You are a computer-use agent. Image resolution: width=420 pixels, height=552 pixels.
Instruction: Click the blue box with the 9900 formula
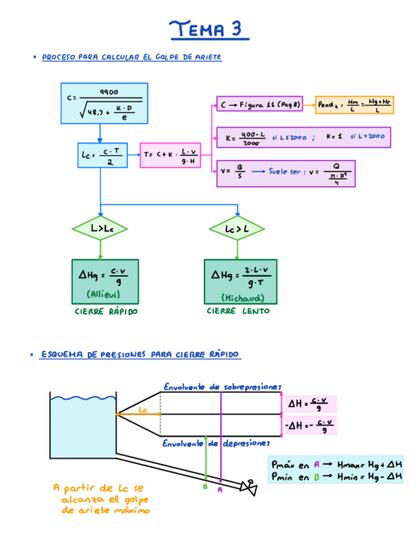104,103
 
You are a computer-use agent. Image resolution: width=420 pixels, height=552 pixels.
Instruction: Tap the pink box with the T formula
171,156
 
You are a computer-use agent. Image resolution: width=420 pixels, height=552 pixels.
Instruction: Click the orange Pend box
355,104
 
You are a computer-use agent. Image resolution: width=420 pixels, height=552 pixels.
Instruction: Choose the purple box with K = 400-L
304,138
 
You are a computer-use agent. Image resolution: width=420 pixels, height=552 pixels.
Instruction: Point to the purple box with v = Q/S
286,173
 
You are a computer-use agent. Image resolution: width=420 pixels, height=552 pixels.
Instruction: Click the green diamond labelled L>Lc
100,228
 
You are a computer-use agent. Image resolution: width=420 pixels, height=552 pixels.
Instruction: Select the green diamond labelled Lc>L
236,228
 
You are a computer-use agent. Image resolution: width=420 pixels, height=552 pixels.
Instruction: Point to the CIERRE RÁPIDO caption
105,312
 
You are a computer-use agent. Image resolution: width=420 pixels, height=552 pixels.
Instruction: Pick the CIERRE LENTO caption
238,311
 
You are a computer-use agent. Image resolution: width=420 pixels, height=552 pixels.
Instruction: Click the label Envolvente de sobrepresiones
222,386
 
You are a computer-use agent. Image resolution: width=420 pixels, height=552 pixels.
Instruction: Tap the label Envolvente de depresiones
216,443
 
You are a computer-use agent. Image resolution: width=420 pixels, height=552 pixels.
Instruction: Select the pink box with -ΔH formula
311,426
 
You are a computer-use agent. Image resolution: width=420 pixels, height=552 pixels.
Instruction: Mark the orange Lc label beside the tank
144,409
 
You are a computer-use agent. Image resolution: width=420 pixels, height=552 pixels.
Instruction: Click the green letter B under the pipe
205,486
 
